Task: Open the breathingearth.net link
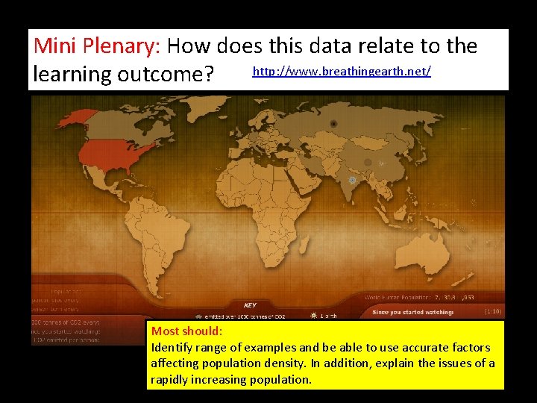342,72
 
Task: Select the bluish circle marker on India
352,180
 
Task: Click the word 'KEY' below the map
251,304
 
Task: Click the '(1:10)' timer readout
492,310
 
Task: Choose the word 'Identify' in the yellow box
172,347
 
